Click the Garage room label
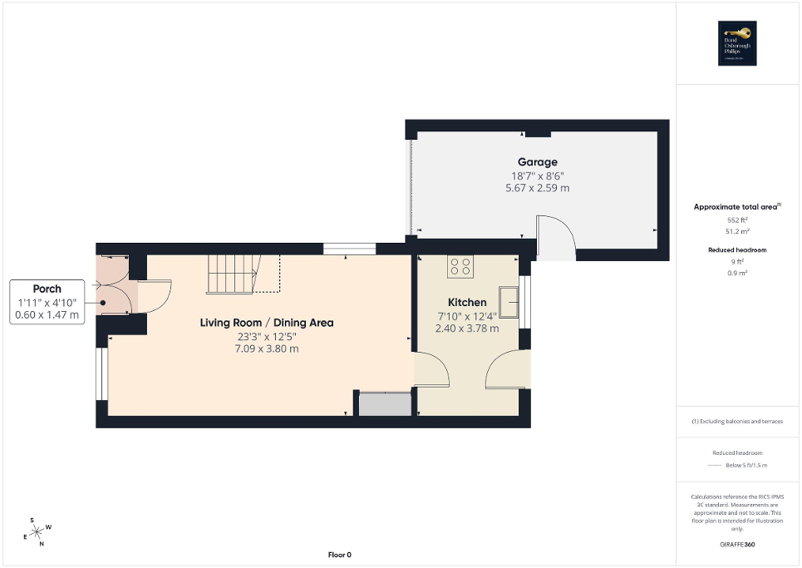coord(538,162)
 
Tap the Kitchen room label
coord(467,302)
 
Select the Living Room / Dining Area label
coord(266,322)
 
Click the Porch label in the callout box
coord(47,289)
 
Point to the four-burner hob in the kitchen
coord(460,267)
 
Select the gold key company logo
coord(737,42)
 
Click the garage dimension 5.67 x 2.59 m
coord(538,188)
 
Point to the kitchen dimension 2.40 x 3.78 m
coord(467,328)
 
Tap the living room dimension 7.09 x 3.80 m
coord(266,348)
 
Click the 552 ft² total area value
coord(737,220)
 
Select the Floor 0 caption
coord(338,555)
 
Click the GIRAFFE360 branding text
coord(737,545)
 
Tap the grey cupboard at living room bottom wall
coord(384,404)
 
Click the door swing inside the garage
coord(554,236)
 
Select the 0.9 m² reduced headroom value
coord(737,273)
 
